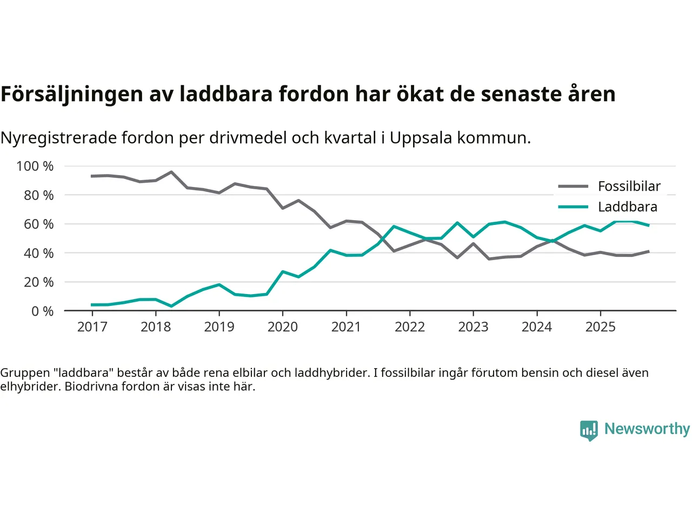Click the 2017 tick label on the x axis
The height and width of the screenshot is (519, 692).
(x=92, y=327)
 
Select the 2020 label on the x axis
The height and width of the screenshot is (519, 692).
(x=283, y=327)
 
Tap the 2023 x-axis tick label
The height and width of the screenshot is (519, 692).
(x=473, y=327)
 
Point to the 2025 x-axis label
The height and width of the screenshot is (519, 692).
(x=600, y=327)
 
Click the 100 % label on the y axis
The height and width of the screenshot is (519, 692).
(x=35, y=166)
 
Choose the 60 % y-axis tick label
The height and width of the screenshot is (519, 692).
(x=38, y=224)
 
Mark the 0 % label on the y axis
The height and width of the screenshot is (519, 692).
(x=42, y=311)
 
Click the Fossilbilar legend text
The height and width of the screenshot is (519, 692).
(x=629, y=187)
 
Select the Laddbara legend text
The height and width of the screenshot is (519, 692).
(x=628, y=207)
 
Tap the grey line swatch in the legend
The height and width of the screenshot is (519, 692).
(x=573, y=187)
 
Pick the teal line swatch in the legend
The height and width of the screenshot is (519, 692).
(x=573, y=207)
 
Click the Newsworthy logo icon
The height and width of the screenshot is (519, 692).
(x=589, y=430)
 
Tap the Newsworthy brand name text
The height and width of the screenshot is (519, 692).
(x=647, y=429)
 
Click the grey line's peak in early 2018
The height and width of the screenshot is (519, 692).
(x=171, y=172)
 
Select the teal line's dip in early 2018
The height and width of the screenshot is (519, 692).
(x=171, y=306)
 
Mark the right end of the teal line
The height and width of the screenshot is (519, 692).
(x=648, y=225)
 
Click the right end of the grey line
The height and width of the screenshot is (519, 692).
(x=648, y=251)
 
